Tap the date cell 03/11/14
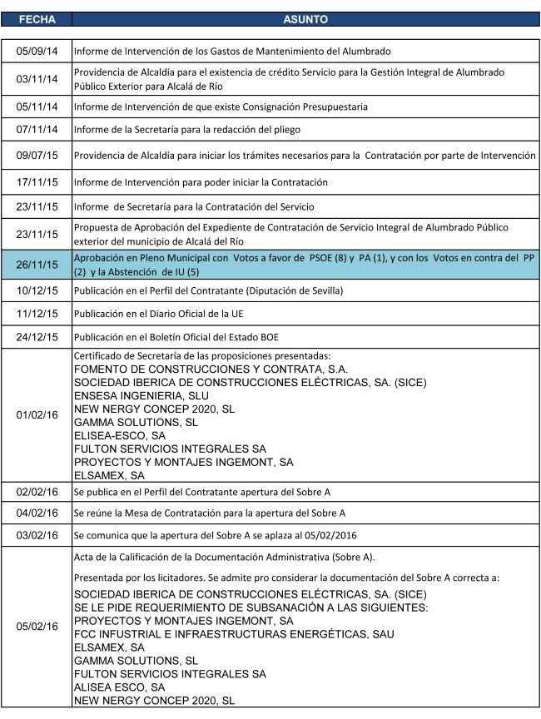(x=37, y=80)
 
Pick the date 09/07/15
(x=37, y=156)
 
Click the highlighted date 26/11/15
(x=37, y=265)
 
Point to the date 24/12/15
(x=37, y=337)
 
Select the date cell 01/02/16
(x=37, y=414)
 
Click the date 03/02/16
(x=37, y=535)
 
